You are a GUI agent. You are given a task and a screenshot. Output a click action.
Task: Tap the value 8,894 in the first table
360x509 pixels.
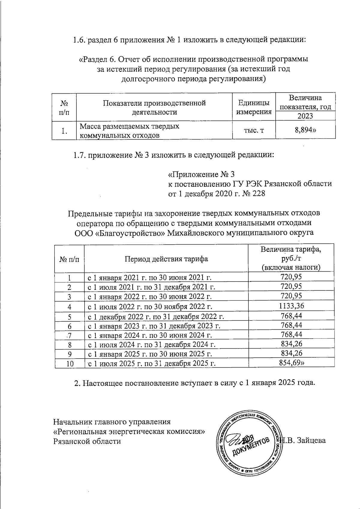[x=305, y=130]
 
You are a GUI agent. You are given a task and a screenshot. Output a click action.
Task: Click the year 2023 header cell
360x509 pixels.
[x=305, y=116]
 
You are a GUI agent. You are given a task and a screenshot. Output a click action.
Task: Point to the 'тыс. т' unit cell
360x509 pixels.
[x=254, y=130]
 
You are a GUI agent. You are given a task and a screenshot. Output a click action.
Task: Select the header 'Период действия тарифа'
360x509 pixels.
[x=166, y=258]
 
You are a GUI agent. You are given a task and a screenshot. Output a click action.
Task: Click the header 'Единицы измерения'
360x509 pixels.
[x=254, y=107]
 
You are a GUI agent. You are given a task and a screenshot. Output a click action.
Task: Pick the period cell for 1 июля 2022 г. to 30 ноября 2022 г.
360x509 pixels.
[x=150, y=307]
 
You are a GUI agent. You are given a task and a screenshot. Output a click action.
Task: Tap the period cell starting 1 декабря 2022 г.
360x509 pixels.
[x=155, y=316]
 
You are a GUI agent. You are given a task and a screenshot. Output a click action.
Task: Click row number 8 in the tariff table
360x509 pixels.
[x=69, y=345]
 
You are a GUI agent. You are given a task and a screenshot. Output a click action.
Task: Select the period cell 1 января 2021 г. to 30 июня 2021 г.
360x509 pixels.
[x=151, y=278]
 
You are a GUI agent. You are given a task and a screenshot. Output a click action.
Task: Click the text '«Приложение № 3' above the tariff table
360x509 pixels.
[x=201, y=174]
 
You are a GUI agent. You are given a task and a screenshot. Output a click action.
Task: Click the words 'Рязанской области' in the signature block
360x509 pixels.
[x=87, y=441]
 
